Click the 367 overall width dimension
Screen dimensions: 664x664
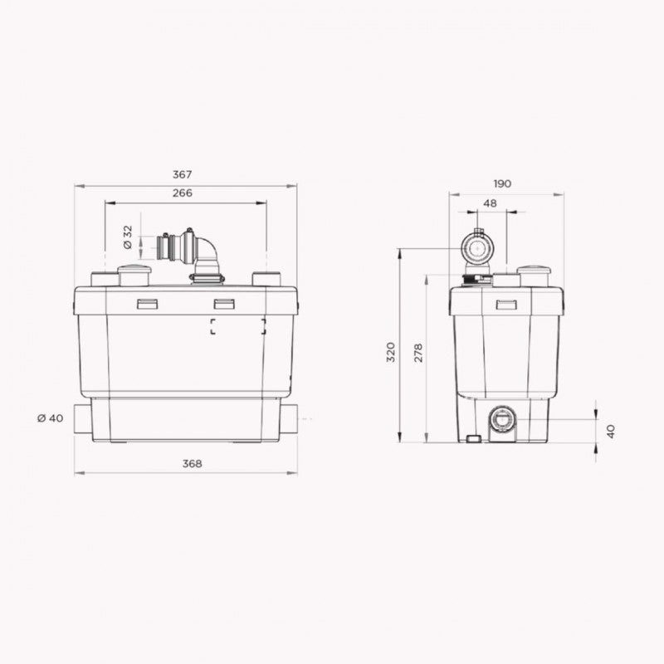183,174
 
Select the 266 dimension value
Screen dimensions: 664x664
183,193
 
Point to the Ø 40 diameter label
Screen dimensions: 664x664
51,417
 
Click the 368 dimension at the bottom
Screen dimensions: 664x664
192,463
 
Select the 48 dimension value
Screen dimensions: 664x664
490,203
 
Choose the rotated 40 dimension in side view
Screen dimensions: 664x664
610,431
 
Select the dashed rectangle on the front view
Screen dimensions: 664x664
238,326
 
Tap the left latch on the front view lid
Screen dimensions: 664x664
147,304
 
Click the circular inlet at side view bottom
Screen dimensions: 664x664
502,420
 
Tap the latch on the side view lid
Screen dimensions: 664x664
505,305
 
